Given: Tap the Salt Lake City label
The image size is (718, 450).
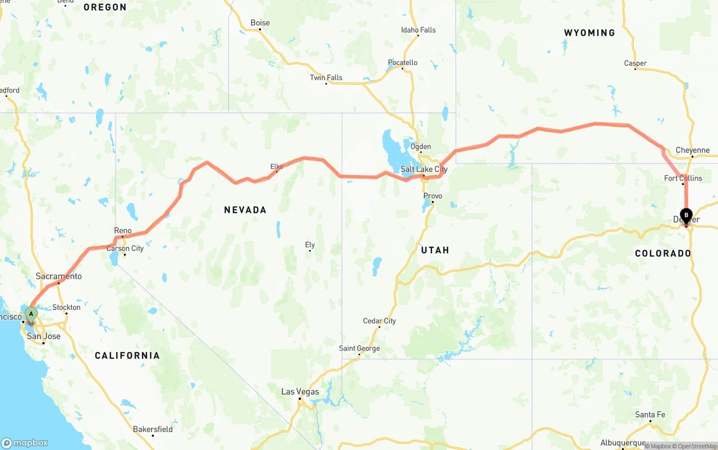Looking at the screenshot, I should [424, 169].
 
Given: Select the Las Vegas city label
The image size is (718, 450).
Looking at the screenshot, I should [300, 392].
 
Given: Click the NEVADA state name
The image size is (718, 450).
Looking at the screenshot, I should [245, 210].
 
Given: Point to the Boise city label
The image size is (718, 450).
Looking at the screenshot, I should [260, 23].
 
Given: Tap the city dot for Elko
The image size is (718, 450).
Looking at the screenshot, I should [277, 171].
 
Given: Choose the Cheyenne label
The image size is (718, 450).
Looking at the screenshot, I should [692, 150].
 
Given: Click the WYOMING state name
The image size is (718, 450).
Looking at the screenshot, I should [589, 33].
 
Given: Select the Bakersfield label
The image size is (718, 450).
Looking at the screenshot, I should [153, 429].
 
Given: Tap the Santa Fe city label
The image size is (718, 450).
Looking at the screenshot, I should [650, 415].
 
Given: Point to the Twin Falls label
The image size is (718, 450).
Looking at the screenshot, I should [326, 77].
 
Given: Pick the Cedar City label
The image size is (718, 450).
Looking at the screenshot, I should [379, 321].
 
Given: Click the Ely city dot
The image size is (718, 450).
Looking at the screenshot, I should [310, 250].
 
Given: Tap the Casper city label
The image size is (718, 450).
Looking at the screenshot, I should [635, 63].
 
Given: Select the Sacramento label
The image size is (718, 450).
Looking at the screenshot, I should [59, 276].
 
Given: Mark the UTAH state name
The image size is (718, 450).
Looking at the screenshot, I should [435, 250].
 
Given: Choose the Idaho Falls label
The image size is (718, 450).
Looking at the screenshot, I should [418, 30].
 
